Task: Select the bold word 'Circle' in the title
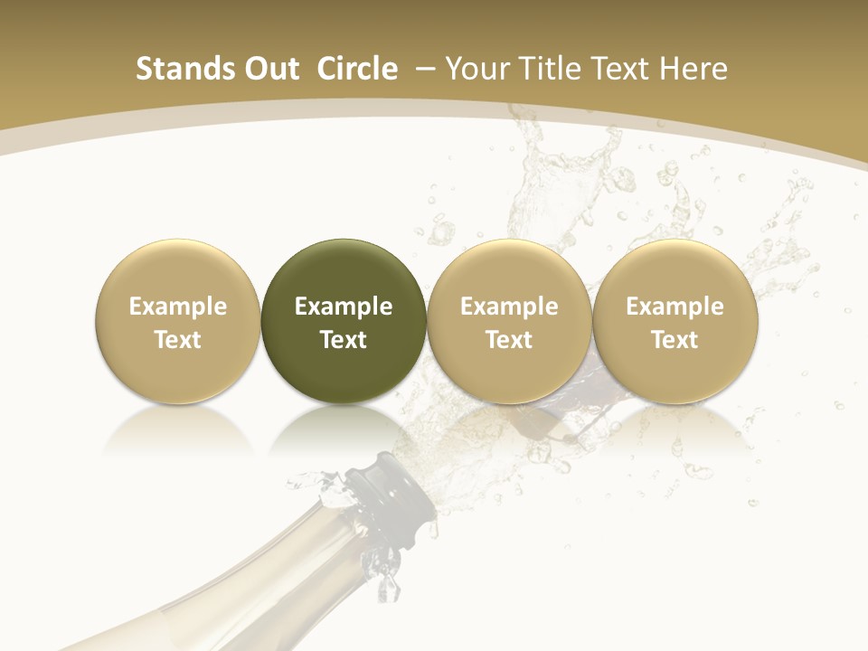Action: (357, 69)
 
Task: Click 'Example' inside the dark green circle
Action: (344, 307)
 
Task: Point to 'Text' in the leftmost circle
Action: (177, 340)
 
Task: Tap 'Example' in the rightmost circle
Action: (675, 307)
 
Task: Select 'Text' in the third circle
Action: (509, 340)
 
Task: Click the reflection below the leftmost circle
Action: (177, 429)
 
